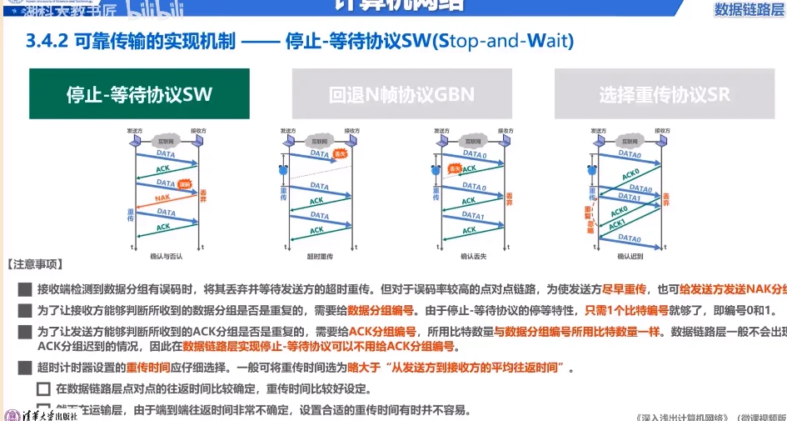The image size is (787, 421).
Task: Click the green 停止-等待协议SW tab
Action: pos(139,94)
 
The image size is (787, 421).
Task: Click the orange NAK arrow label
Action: pos(163,198)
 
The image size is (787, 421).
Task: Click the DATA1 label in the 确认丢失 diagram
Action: pos(472,215)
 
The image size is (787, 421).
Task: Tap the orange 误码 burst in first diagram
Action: pos(185,184)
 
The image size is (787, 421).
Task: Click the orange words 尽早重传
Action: pos(623,289)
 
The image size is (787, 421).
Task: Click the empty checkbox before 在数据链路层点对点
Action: pos(43,388)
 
